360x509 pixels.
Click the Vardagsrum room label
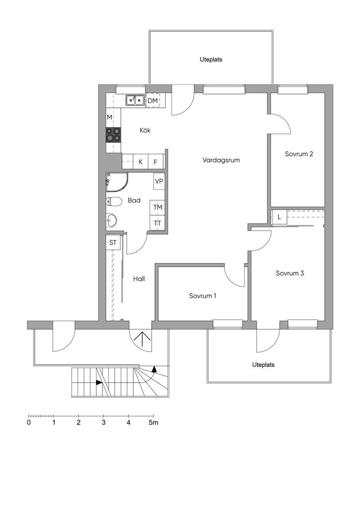coord(221,160)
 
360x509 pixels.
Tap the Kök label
coord(145,130)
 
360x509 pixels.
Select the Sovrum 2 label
coord(299,154)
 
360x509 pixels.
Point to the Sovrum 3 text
coord(290,273)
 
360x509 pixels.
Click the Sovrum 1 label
coord(202,296)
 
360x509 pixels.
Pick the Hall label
coord(139,278)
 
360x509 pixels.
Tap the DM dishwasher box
coord(153,100)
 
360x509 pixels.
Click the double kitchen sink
coord(135,100)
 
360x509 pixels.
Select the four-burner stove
coord(113,135)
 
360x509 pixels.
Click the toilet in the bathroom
coord(113,202)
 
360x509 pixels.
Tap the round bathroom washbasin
coord(112,220)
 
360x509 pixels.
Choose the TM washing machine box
coord(158,207)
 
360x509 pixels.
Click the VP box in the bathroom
coord(159,181)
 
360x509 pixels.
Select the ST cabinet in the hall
coord(113,243)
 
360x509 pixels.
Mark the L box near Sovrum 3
coord(279,217)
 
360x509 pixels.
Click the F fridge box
coord(156,162)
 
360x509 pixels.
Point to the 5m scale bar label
coord(154,423)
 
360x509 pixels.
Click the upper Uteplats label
coord(211,60)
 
